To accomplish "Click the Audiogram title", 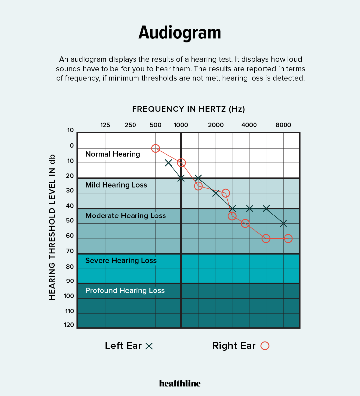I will click(180, 33).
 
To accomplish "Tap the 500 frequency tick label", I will click(155, 125).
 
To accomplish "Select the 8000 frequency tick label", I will click(283, 125).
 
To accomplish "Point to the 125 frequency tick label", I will click(105, 125).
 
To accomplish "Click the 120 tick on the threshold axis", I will click(69, 325).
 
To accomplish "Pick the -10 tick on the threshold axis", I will click(69, 130).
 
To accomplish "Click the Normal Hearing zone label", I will click(113, 154).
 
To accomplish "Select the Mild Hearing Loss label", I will click(116, 185).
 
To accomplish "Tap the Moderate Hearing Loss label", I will click(126, 216).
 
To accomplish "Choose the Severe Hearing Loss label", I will click(121, 261).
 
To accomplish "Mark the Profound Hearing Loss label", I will click(125, 291).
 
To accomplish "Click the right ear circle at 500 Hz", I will click(155, 148).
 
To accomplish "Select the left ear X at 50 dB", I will click(283, 224).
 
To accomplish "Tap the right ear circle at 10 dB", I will click(181, 163).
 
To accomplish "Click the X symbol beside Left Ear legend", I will click(149, 346).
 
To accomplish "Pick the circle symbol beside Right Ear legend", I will click(265, 346).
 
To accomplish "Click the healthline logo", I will click(180, 383).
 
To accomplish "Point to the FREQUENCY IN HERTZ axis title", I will click(188, 109).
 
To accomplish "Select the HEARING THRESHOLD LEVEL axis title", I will click(52, 227).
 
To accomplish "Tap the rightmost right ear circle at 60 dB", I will click(288, 238).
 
